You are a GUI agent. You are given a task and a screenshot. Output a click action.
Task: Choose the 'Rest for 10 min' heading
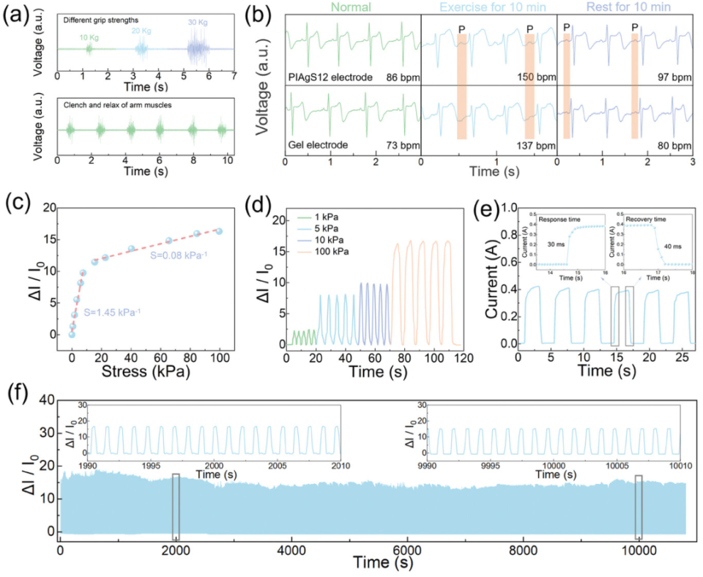point(623,8)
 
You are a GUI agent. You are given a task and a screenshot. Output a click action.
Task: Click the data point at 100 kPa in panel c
point(219,231)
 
